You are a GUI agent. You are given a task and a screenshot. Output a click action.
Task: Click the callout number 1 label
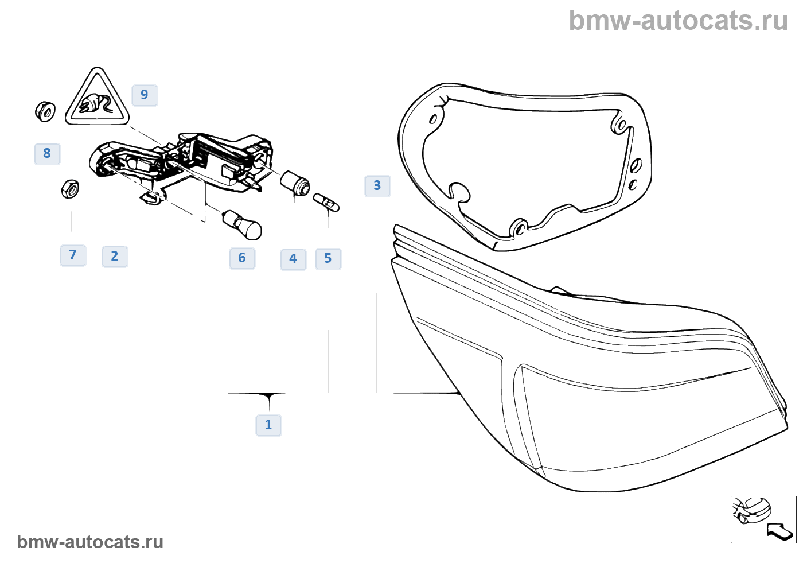click(268, 425)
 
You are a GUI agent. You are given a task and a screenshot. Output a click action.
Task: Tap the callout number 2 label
click(115, 257)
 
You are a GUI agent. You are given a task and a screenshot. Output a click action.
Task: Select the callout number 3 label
click(377, 186)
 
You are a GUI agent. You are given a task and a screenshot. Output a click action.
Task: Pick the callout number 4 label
click(293, 259)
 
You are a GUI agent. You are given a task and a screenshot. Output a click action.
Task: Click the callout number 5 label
click(328, 259)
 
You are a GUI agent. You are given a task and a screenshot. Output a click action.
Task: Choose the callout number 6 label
click(242, 258)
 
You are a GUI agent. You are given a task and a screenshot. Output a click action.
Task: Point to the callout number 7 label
click(73, 255)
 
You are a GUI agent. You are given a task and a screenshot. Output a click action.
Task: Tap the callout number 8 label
click(47, 154)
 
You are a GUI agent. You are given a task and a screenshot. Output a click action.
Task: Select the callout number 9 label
click(145, 95)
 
